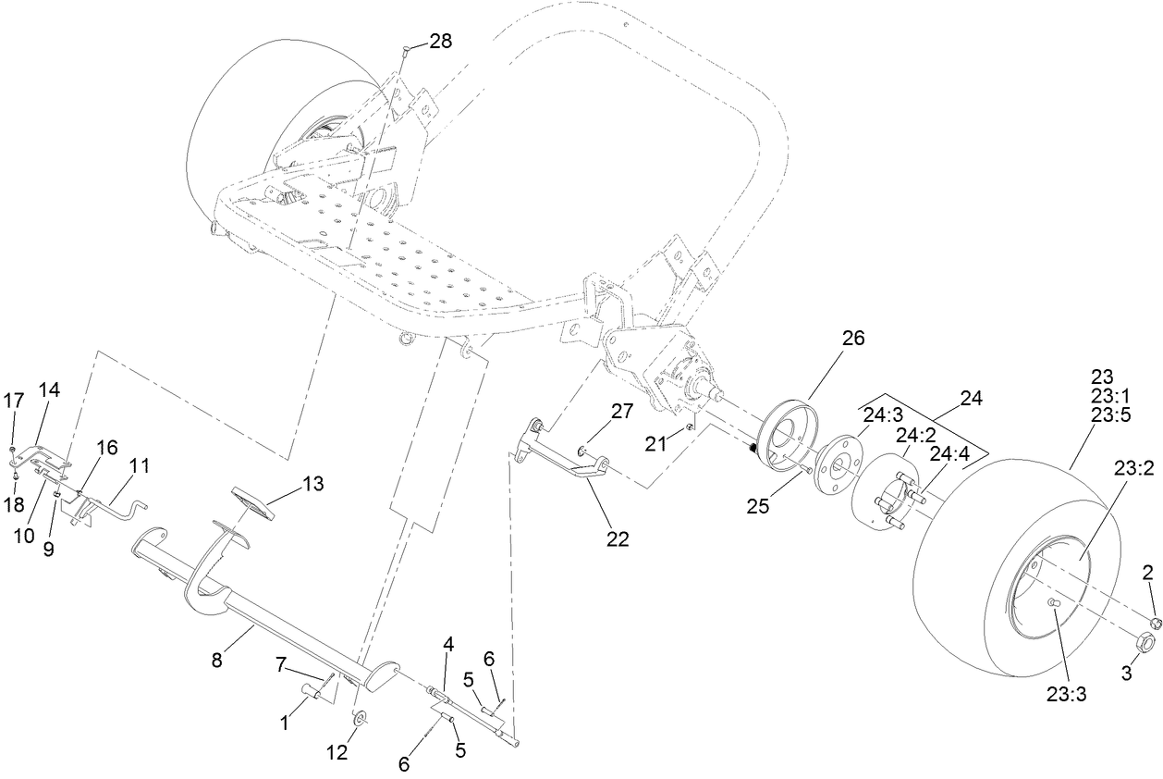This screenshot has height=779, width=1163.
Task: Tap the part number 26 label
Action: [852, 339]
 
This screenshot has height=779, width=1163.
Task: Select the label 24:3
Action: [882, 415]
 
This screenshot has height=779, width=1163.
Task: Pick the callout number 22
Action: [617, 539]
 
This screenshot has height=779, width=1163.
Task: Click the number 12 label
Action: [337, 752]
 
